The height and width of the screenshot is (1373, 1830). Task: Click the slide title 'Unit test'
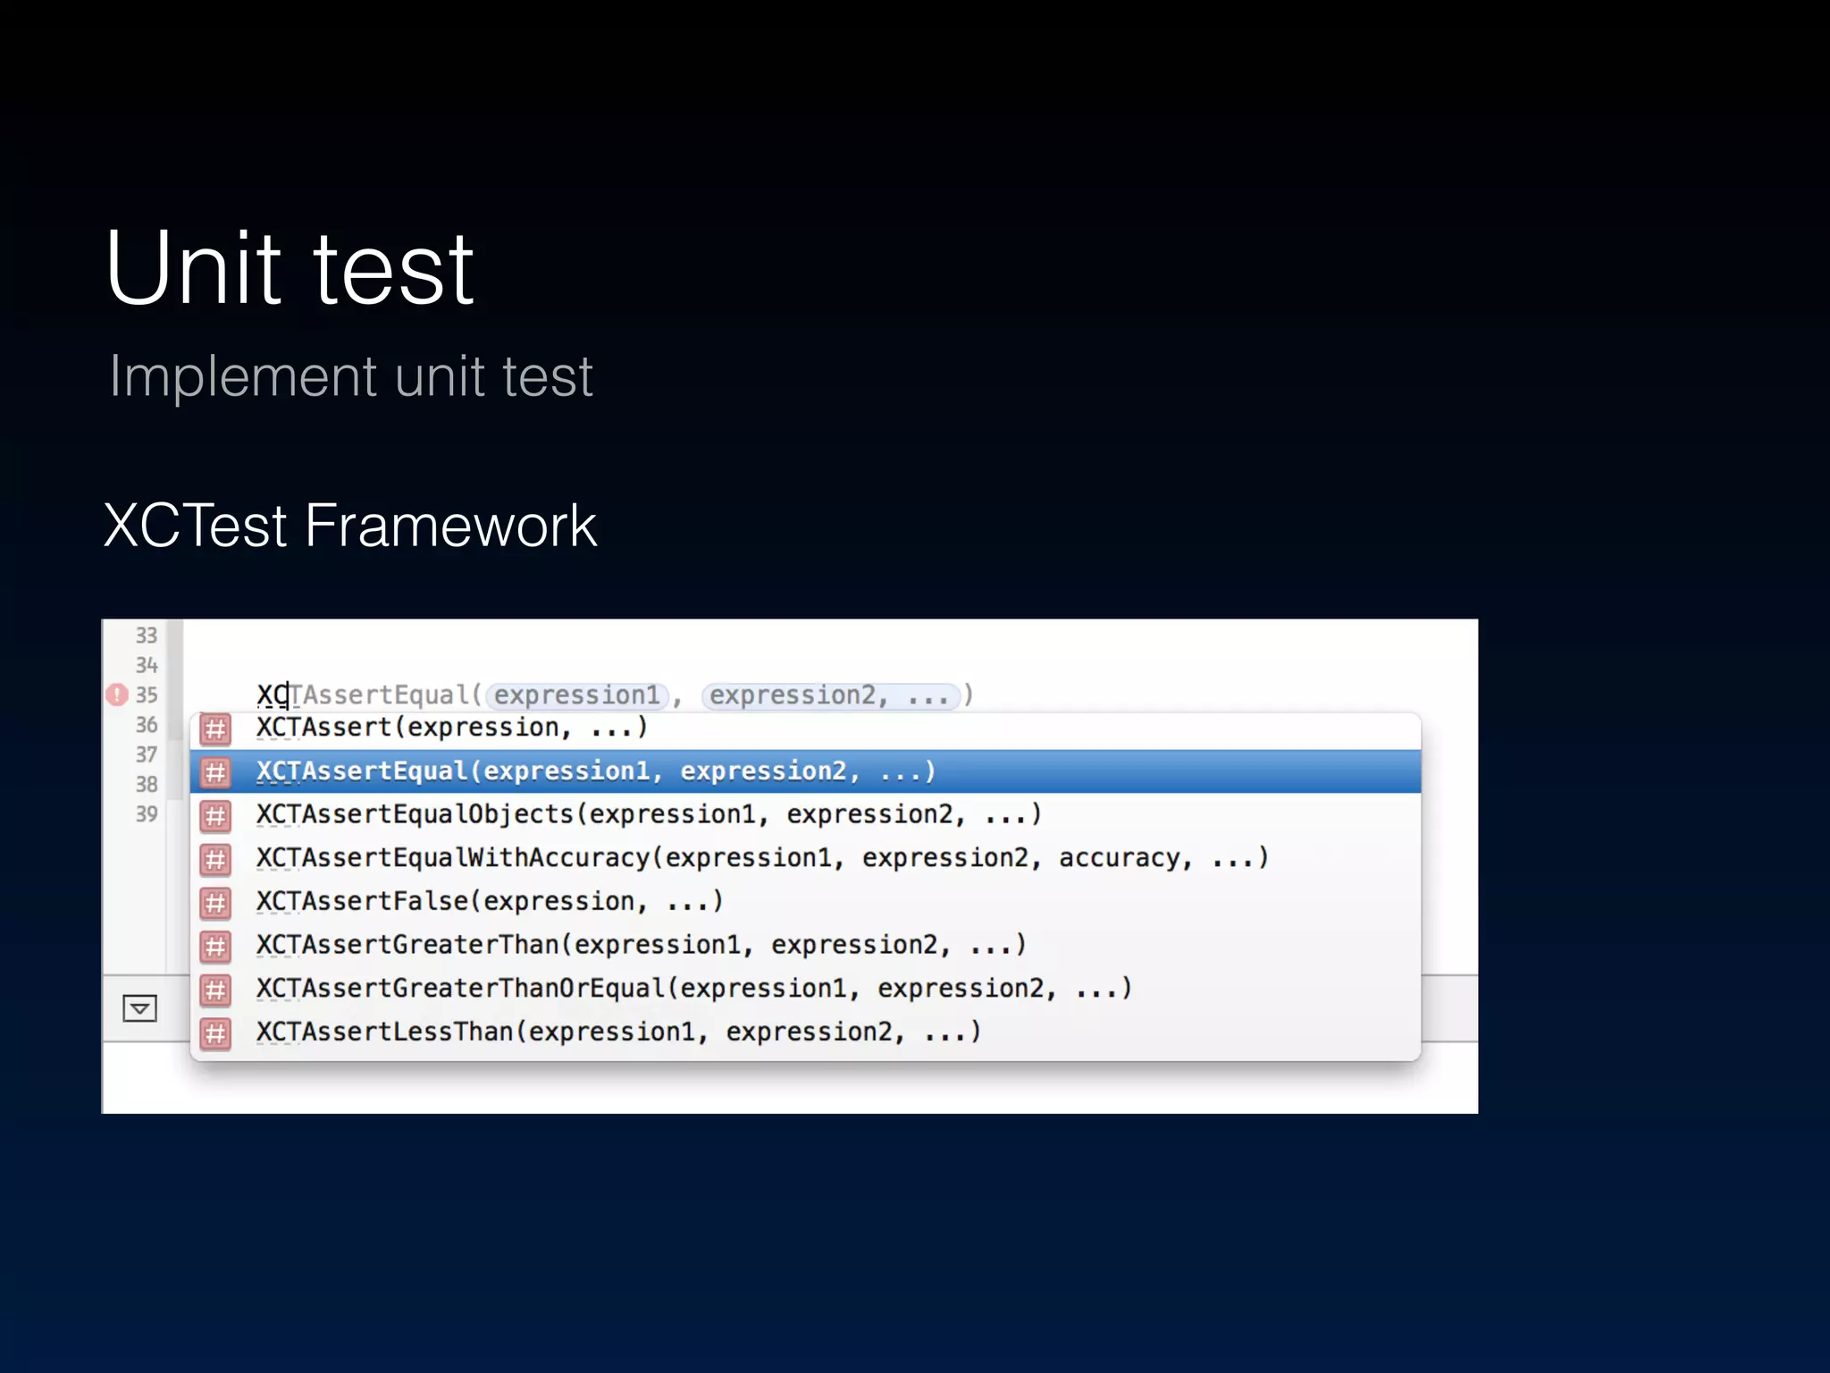pyautogui.click(x=290, y=268)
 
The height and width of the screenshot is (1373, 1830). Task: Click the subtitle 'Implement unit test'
pyautogui.click(x=351, y=376)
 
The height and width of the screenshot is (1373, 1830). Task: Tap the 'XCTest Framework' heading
pyautogui.click(x=349, y=526)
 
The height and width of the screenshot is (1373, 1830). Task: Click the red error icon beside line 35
pyautogui.click(x=117, y=695)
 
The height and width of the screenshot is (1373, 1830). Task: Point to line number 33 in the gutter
pyautogui.click(x=147, y=636)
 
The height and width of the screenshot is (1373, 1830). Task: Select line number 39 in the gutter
pyautogui.click(x=147, y=814)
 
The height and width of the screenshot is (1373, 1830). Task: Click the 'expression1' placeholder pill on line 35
pyautogui.click(x=577, y=695)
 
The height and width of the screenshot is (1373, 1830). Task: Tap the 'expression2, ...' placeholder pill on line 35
pyautogui.click(x=830, y=695)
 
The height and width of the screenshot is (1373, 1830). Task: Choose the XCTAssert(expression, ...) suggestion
pyautogui.click(x=451, y=728)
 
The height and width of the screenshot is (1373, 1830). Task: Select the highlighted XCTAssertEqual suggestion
pyautogui.click(x=596, y=771)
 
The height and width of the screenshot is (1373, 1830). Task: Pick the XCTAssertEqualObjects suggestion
pyautogui.click(x=649, y=815)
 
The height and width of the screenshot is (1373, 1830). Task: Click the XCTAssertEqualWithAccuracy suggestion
pyautogui.click(x=761, y=858)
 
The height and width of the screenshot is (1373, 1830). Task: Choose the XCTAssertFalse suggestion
pyautogui.click(x=490, y=902)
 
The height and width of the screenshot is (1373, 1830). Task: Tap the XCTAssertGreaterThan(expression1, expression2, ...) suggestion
pyautogui.click(x=641, y=945)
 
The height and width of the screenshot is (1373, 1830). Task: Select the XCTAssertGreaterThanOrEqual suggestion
pyautogui.click(x=693, y=989)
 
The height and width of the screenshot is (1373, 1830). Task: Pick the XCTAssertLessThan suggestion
pyautogui.click(x=618, y=1032)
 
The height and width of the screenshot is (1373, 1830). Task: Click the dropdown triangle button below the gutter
pyautogui.click(x=139, y=1008)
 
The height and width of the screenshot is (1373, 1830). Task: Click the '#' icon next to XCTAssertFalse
pyautogui.click(x=215, y=903)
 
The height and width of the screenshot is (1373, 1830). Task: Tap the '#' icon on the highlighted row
pyautogui.click(x=215, y=772)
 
